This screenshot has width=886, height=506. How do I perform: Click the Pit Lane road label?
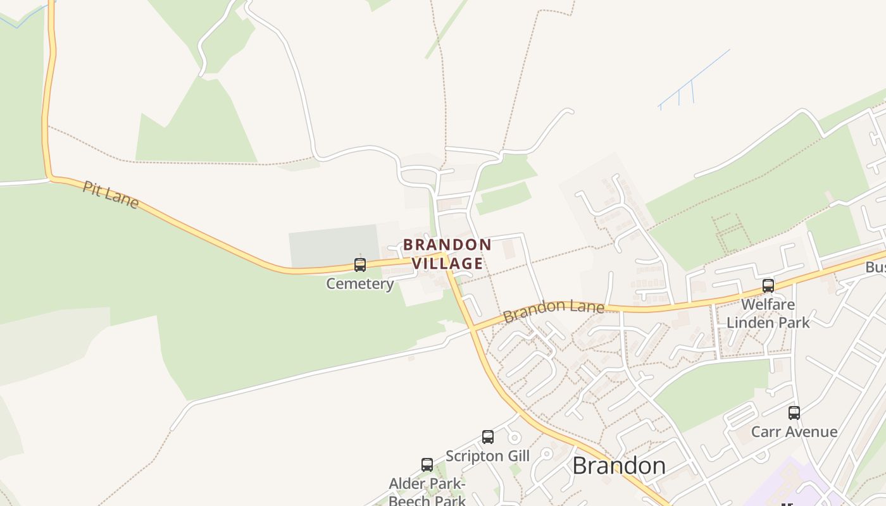click(x=111, y=194)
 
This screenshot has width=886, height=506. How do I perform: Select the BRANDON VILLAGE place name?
click(x=447, y=254)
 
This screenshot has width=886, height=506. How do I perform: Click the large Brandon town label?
click(x=618, y=466)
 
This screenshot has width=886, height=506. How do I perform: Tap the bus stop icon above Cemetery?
click(x=360, y=265)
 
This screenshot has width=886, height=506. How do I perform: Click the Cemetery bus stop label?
click(x=359, y=283)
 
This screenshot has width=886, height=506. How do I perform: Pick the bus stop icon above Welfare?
click(x=768, y=286)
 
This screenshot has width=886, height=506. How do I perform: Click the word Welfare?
click(x=768, y=304)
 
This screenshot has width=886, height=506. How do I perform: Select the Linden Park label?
click(x=768, y=322)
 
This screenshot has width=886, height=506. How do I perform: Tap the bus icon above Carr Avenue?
click(x=794, y=413)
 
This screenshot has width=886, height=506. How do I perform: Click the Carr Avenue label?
click(x=794, y=432)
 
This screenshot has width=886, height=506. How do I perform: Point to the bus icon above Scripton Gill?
click(x=488, y=436)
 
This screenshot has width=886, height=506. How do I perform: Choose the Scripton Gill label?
click(x=487, y=455)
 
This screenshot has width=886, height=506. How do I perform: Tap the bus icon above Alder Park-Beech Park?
click(x=427, y=465)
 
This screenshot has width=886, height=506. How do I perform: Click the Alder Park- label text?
click(x=427, y=484)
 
